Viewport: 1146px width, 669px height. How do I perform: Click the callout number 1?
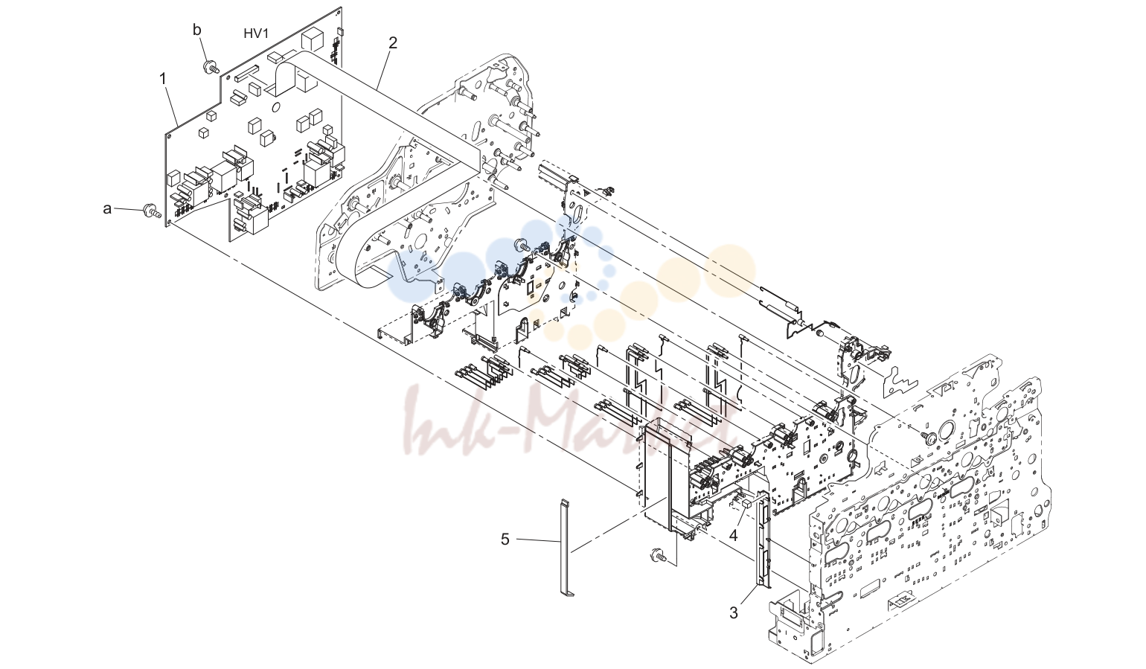pos(163,80)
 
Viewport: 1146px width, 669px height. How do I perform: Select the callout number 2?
pos(392,43)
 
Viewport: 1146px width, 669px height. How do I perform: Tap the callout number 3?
pos(734,612)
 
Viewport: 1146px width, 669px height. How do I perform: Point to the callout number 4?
pos(734,536)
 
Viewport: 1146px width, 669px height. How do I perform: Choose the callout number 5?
pos(505,539)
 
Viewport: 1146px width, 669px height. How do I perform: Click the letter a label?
pos(107,208)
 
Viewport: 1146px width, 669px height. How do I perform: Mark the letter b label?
pos(197,30)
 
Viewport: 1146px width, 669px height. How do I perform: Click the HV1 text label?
pos(256,33)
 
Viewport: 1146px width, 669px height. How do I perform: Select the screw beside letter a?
pos(151,210)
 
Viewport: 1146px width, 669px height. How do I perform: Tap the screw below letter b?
pos(211,67)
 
